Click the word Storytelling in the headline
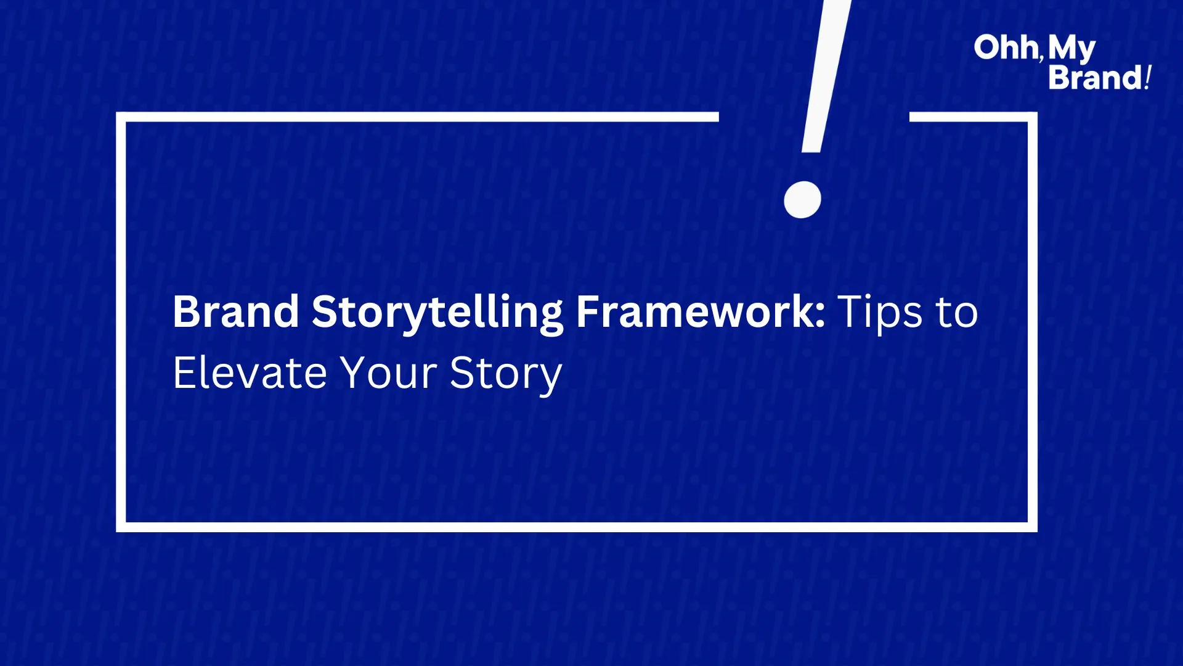[x=437, y=313]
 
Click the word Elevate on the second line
[x=250, y=372]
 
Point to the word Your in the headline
[x=389, y=372]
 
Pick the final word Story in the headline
[x=505, y=375]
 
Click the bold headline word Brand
[x=236, y=311]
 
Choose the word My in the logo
[x=1072, y=49]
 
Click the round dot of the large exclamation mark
[x=802, y=200]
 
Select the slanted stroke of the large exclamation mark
[x=826, y=76]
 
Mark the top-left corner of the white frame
[x=121, y=117]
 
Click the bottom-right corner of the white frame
[x=1033, y=527]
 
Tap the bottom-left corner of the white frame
[x=121, y=527]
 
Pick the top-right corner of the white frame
[x=1033, y=117]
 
